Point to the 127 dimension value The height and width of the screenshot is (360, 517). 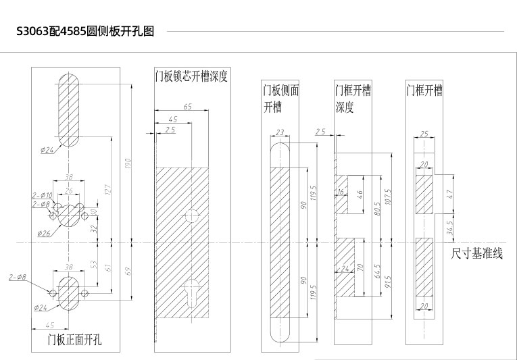pos(108,190)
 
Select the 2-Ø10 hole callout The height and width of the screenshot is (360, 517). pos(43,196)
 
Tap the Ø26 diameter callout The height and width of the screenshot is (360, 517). pos(42,234)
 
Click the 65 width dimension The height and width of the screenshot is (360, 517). pos(187,107)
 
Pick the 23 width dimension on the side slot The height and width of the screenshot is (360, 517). pos(280,132)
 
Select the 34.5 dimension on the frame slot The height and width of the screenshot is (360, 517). pos(450,228)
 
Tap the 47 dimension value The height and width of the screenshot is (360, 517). pos(450,193)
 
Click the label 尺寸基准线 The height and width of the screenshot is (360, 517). pos(477,254)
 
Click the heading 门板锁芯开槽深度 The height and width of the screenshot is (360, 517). pos(191,76)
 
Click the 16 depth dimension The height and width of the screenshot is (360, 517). pos(340,192)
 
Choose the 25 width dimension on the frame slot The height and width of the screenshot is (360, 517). pos(424,134)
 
